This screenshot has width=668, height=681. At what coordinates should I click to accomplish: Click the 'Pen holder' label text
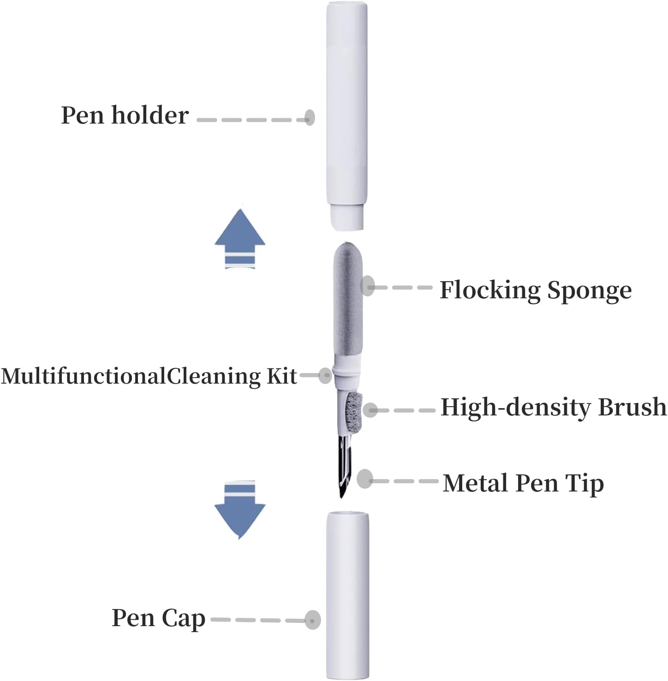pos(125,115)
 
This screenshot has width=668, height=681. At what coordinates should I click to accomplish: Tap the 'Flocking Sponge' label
pos(535,290)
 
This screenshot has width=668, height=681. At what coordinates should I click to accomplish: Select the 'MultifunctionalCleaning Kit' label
pos(149,376)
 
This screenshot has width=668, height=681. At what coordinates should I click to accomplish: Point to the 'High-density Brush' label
pos(553,408)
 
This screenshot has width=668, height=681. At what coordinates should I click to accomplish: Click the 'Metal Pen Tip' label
pos(523,483)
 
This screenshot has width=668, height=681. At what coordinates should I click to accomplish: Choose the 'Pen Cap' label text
pos(158,618)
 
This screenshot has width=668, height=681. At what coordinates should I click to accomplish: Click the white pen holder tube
pos(346,106)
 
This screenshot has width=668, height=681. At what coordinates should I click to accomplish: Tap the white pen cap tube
pos(347,595)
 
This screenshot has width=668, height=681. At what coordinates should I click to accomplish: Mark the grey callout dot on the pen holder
pos(310,117)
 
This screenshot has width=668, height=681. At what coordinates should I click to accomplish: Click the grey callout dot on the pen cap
pos(313,620)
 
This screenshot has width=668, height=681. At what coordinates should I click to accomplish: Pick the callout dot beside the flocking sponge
pos(368,286)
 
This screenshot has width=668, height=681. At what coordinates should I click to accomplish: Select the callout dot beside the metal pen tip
pos(365,479)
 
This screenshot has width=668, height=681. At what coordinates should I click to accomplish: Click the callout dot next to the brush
pos(370,409)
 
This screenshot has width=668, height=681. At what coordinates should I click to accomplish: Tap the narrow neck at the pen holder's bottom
pos(347,218)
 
